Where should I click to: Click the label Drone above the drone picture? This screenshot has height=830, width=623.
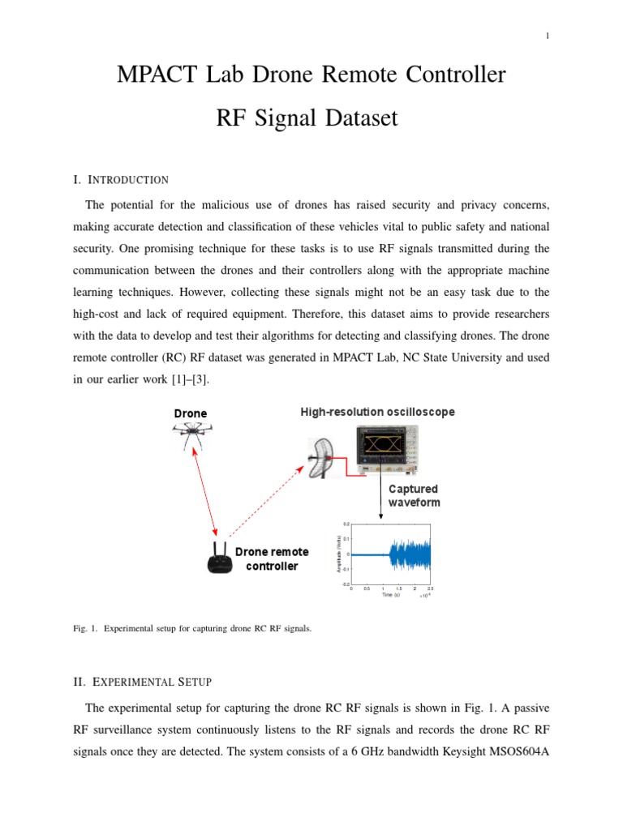point(191,413)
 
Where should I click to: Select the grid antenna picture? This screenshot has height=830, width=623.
point(321,461)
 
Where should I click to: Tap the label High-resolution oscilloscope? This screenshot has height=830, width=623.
point(377,412)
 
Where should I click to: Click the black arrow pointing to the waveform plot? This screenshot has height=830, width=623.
point(380,496)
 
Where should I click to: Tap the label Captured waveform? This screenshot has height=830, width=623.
point(414,495)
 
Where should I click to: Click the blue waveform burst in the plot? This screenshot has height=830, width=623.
point(410,554)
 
